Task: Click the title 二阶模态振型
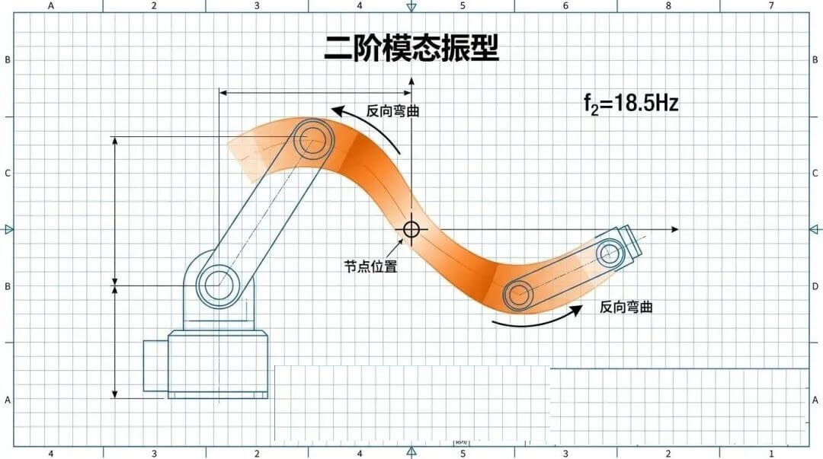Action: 411,48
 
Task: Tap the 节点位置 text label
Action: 370,266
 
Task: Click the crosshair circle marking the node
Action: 411,228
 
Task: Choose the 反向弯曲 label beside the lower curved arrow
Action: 626,308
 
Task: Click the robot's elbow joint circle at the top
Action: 312,139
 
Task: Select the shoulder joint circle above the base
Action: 218,285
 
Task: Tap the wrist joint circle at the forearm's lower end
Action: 519,295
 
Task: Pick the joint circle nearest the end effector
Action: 610,252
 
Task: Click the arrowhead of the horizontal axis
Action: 674,229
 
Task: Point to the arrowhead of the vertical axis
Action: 411,80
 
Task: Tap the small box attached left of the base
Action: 155,365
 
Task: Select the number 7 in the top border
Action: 771,6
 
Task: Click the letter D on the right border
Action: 815,286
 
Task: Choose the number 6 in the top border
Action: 565,6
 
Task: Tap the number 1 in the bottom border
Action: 771,454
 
